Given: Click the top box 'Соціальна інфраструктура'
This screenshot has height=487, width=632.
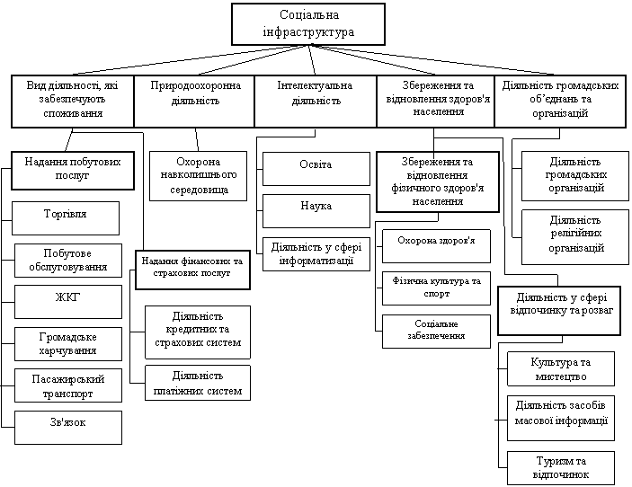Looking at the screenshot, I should click(x=308, y=24).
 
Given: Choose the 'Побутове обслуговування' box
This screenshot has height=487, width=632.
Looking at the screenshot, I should click(x=68, y=260).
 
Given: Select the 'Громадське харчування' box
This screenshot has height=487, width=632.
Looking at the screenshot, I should click(x=68, y=344).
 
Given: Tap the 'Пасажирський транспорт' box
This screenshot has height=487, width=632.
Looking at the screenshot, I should click(x=68, y=386).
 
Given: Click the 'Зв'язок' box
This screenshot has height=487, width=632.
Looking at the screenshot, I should click(x=68, y=427).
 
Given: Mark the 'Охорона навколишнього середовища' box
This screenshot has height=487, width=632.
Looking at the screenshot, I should click(x=195, y=175).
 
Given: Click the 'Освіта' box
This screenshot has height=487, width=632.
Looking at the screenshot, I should click(x=316, y=168).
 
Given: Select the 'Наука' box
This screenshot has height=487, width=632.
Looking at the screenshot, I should click(x=316, y=210).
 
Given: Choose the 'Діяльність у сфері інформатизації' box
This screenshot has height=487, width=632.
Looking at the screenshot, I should click(x=316, y=253).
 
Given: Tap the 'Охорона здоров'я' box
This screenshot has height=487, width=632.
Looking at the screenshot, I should click(x=437, y=243).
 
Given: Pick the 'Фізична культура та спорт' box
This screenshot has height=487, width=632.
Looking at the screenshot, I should click(x=437, y=288).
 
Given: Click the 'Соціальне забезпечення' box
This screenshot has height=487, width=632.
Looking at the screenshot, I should click(x=437, y=331).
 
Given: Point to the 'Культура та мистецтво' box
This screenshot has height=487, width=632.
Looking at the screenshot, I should click(x=561, y=368).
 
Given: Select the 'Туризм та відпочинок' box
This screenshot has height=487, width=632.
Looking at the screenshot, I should click(x=561, y=467).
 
